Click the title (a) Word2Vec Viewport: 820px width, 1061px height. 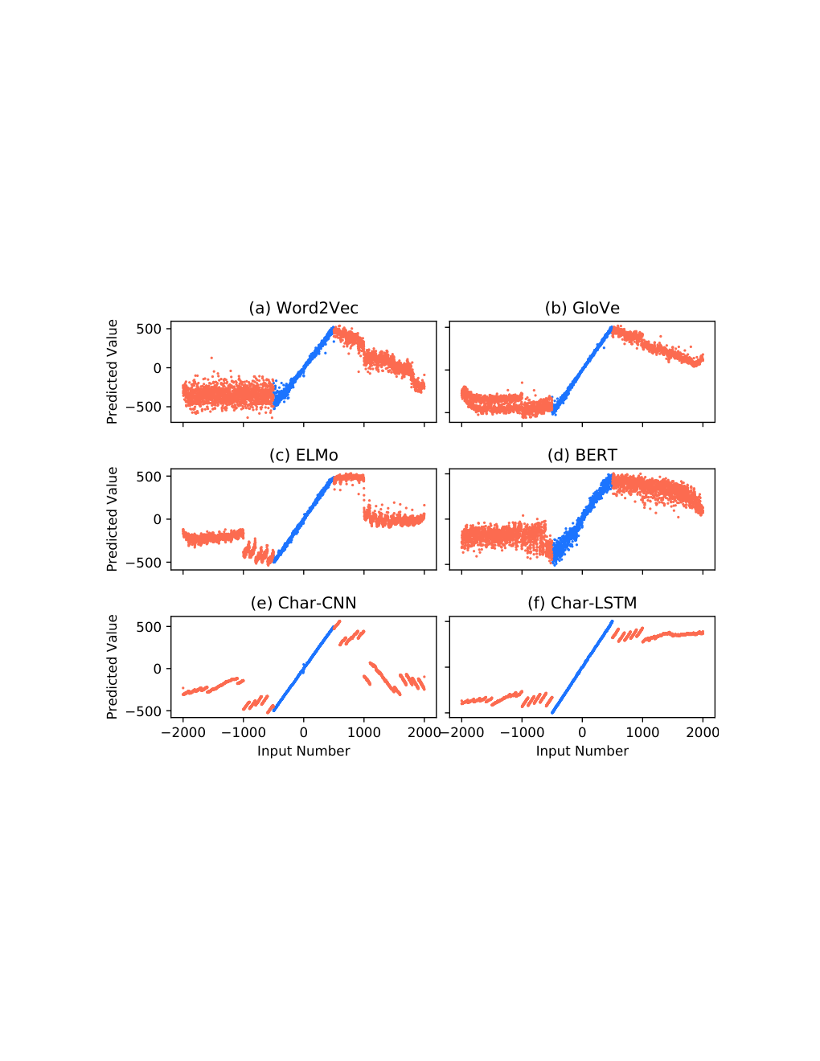pyautogui.click(x=303, y=308)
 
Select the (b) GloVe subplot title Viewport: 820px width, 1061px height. pyautogui.click(x=582, y=308)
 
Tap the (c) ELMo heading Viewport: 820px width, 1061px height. pyautogui.click(x=303, y=456)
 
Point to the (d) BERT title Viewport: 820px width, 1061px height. pyautogui.click(x=582, y=456)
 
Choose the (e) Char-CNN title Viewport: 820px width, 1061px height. pyautogui.click(x=303, y=603)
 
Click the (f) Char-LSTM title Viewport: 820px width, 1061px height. pyautogui.click(x=582, y=603)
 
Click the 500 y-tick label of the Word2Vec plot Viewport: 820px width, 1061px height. pyautogui.click(x=149, y=329)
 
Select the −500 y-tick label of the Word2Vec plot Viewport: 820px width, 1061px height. pyautogui.click(x=143, y=407)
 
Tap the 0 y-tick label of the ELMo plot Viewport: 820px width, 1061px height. pyautogui.click(x=158, y=519)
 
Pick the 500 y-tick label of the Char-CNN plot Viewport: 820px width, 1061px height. pyautogui.click(x=149, y=627)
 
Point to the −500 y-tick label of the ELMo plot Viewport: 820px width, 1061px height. pyautogui.click(x=143, y=563)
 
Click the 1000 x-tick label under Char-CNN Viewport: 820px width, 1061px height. pyautogui.click(x=364, y=732)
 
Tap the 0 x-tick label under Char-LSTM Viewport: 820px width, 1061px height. pyautogui.click(x=582, y=732)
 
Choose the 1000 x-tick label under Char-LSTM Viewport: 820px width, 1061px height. pyautogui.click(x=642, y=732)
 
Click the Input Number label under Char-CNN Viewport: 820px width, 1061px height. pyautogui.click(x=303, y=751)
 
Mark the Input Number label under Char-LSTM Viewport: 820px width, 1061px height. pyautogui.click(x=582, y=751)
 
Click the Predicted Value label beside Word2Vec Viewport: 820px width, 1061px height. pyautogui.click(x=113, y=372)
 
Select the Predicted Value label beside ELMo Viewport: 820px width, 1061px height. pyautogui.click(x=113, y=519)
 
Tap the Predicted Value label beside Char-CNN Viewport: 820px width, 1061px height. pyautogui.click(x=113, y=667)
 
